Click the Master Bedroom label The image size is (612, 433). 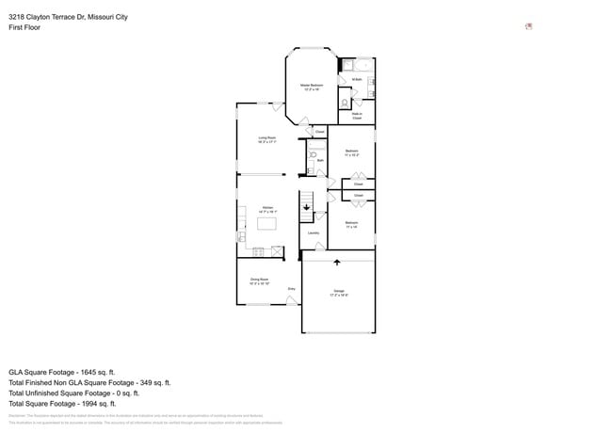(312, 87)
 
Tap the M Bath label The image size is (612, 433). (357, 80)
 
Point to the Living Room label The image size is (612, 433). (267, 140)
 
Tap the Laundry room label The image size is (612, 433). (313, 233)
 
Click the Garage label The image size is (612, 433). (339, 293)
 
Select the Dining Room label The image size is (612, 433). (260, 281)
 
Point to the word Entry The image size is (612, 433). (292, 289)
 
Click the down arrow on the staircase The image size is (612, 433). (306, 208)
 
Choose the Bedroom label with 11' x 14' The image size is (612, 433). (351, 225)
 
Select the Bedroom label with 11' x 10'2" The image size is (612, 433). (352, 152)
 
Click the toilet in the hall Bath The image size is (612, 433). (313, 153)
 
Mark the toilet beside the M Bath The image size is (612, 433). (346, 102)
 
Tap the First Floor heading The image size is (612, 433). (24, 27)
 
